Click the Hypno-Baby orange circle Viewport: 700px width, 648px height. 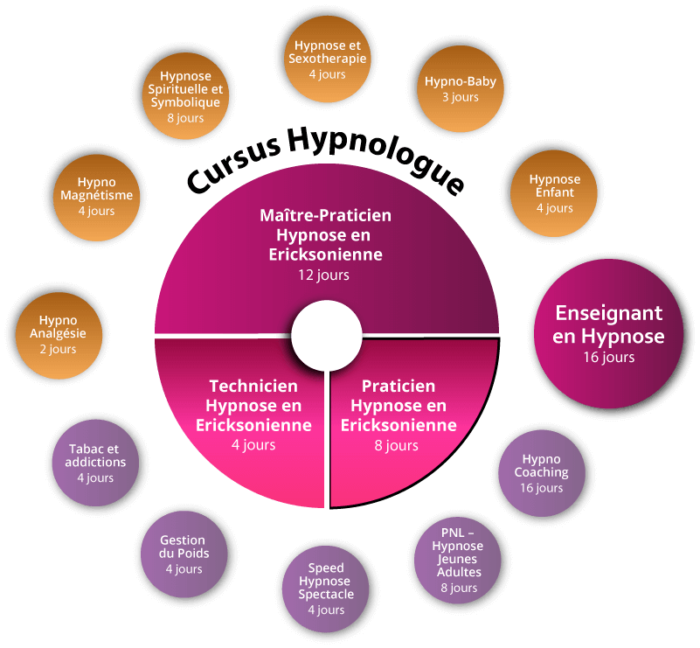(460, 88)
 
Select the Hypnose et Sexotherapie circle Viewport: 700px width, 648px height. (327, 59)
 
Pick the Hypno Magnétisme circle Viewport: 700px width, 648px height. (96, 196)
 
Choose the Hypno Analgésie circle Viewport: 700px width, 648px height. (59, 334)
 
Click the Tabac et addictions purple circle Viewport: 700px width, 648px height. (96, 463)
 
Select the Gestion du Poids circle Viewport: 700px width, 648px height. (184, 554)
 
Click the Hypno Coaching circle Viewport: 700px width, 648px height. (541, 472)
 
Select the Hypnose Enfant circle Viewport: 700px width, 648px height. (554, 193)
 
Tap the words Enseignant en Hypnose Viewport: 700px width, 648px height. (610, 324)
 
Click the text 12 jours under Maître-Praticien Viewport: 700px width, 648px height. (323, 275)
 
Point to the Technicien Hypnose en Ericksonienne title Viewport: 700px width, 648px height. (253, 406)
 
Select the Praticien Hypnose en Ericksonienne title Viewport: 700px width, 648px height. (399, 406)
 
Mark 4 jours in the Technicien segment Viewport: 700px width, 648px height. (253, 445)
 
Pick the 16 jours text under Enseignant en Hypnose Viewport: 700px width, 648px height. (609, 357)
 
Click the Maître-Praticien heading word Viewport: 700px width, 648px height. (325, 215)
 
